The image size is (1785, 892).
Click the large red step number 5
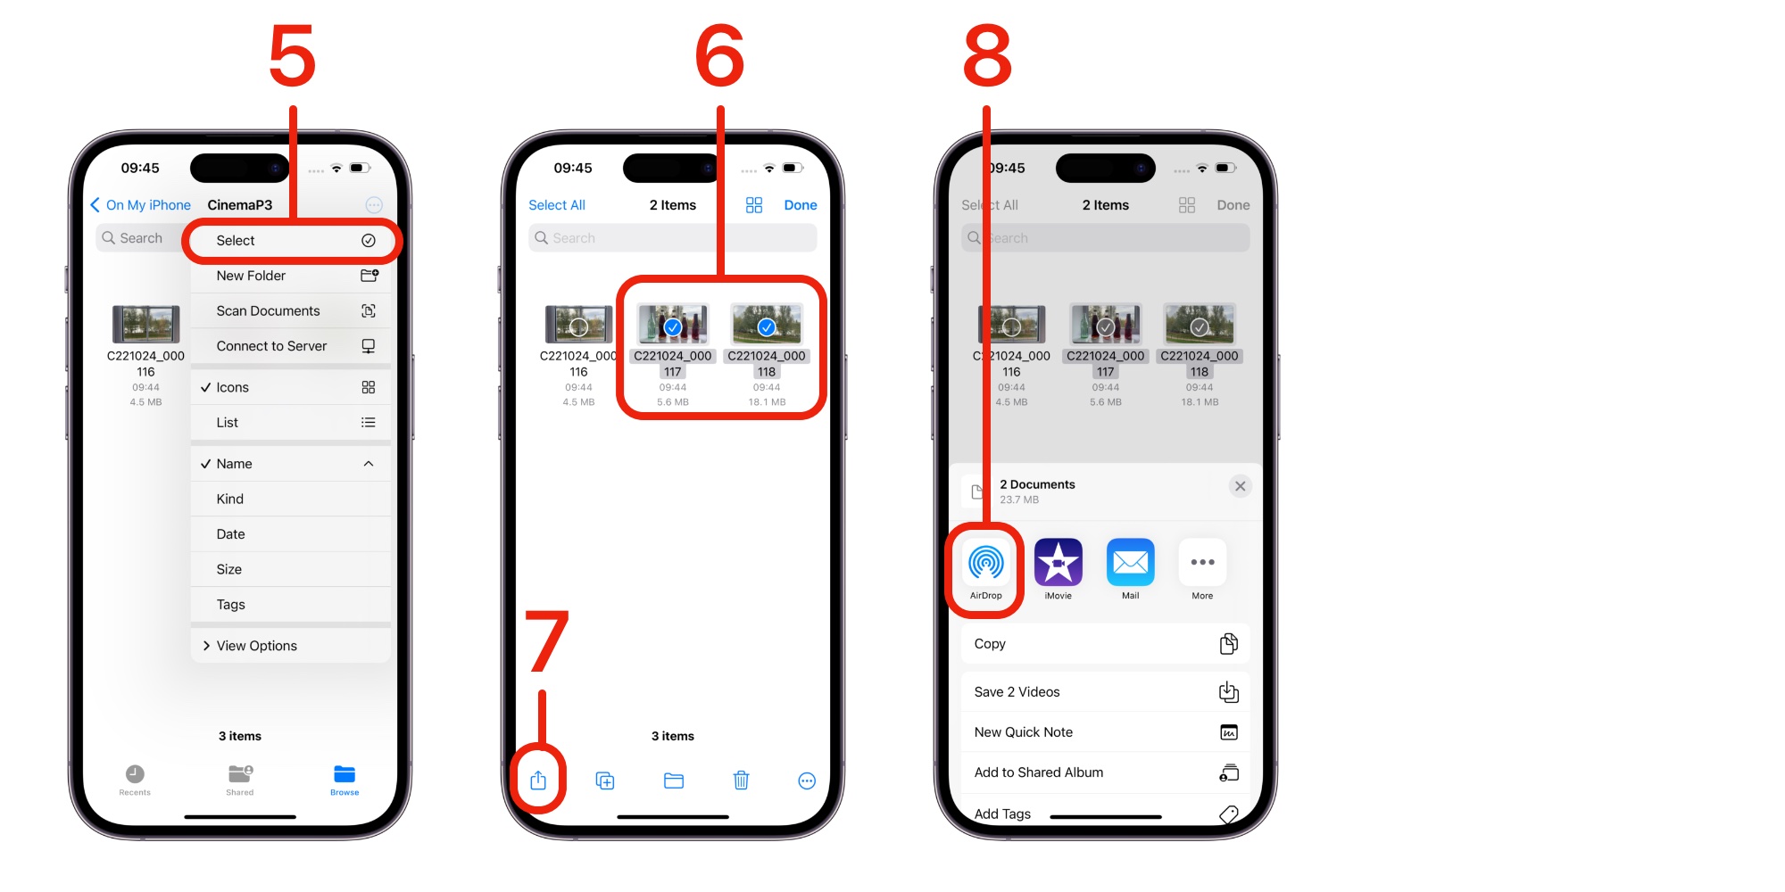click(x=293, y=55)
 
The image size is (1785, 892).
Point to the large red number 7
click(x=546, y=640)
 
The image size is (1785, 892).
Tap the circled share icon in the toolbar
click(x=538, y=780)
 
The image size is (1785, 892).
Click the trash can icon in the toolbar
click(x=741, y=780)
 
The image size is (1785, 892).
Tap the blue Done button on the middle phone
click(x=801, y=205)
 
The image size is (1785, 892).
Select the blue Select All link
click(x=557, y=205)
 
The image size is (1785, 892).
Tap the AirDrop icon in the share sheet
click(x=986, y=563)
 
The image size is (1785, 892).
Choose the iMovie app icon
click(x=1059, y=563)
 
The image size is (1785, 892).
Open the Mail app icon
click(x=1131, y=563)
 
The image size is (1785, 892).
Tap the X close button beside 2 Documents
click(x=1240, y=486)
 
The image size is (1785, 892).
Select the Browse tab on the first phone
click(x=345, y=780)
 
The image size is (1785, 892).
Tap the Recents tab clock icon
click(x=135, y=773)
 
